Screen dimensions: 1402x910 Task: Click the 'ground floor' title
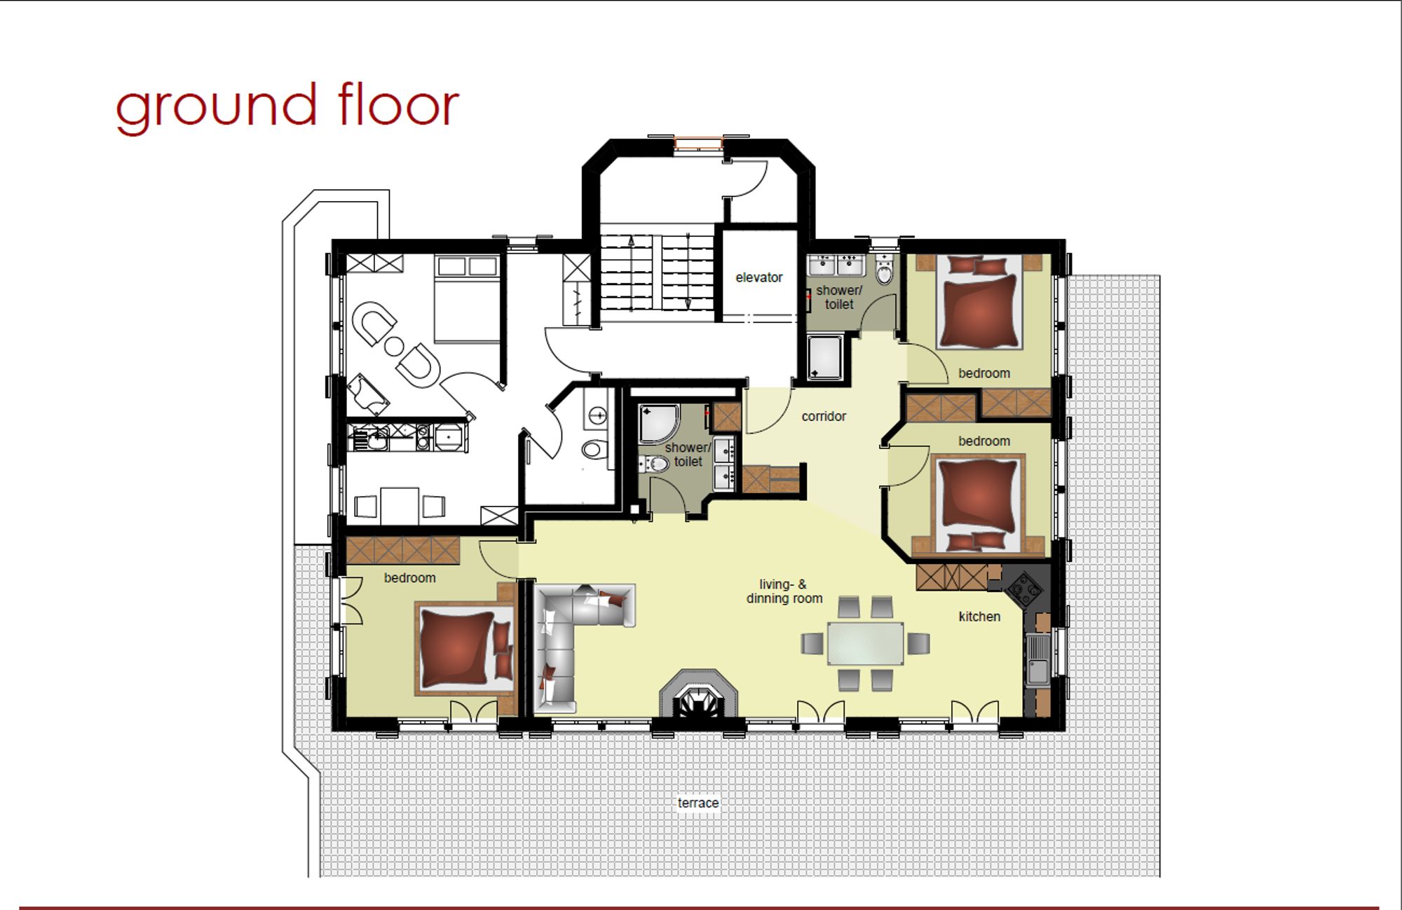click(x=287, y=106)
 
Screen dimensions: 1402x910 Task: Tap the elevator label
click(x=759, y=277)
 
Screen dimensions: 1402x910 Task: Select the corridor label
click(x=824, y=416)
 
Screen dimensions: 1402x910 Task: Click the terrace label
click(x=698, y=803)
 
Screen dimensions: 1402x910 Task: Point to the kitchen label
click(x=979, y=616)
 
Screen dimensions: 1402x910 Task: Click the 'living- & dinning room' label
click(x=784, y=591)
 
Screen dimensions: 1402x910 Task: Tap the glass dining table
click(x=866, y=643)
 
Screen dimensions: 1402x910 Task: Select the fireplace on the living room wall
click(x=698, y=694)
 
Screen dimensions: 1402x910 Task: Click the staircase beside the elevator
click(x=657, y=273)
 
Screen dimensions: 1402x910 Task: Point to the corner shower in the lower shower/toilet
click(x=660, y=423)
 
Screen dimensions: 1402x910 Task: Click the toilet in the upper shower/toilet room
click(x=885, y=269)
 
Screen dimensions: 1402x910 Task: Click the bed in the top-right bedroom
click(x=979, y=303)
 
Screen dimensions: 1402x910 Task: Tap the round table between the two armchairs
click(x=394, y=345)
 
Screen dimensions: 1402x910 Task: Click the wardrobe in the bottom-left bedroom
click(x=402, y=551)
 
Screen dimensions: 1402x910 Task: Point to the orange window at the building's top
click(x=698, y=144)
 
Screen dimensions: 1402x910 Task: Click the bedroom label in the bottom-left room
click(x=409, y=578)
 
